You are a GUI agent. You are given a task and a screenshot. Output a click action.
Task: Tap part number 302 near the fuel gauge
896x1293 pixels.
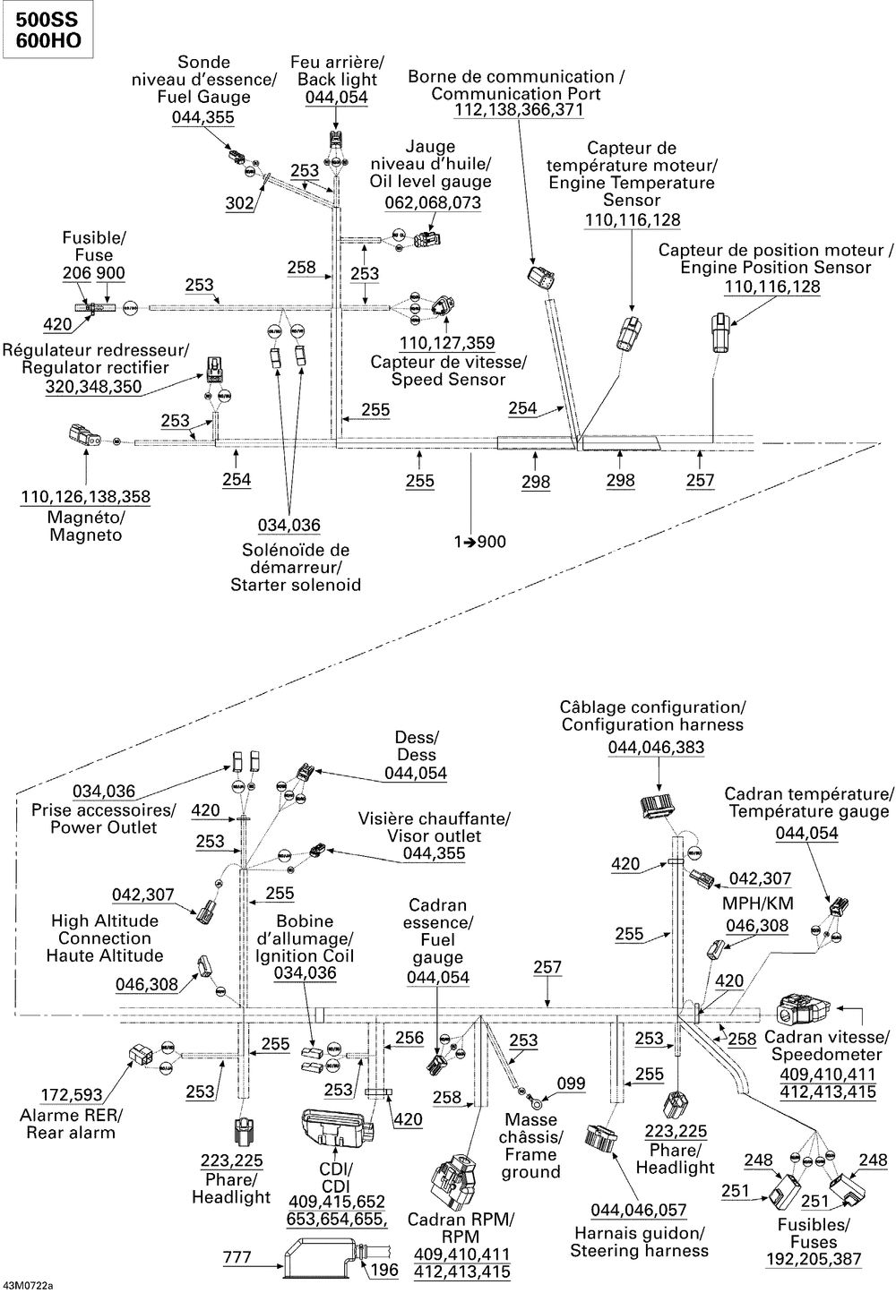pos(239,203)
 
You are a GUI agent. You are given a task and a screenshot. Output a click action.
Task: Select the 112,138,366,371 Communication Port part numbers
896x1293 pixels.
pos(519,110)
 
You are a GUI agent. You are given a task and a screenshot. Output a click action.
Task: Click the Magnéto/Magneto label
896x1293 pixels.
pos(86,527)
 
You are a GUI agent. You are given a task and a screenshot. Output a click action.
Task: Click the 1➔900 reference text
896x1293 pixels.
pos(480,542)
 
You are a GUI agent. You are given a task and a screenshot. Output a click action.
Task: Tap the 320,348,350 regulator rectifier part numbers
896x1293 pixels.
pos(94,387)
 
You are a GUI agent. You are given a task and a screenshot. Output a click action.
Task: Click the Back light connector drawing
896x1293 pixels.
pos(335,141)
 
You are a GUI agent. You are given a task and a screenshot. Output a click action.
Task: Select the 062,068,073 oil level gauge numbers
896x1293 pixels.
pos(433,203)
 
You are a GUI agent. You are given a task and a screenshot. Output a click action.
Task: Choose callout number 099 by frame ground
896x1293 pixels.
pos(570,1083)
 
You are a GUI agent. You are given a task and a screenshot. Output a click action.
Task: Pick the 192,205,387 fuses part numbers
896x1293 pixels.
pos(814,1259)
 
